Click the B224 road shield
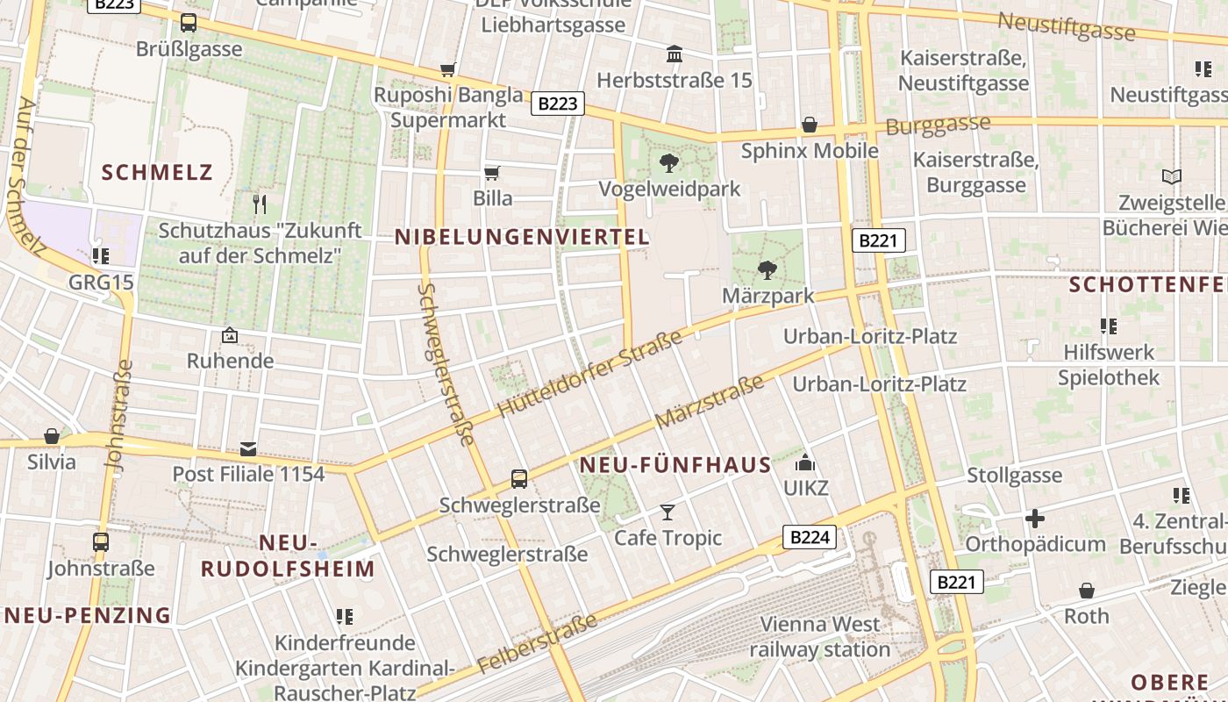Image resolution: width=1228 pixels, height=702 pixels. (809, 537)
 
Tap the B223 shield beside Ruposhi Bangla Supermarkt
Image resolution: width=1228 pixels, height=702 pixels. (558, 104)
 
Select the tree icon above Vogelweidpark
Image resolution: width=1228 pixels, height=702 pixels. (669, 162)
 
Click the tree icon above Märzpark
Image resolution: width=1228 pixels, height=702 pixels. (767, 269)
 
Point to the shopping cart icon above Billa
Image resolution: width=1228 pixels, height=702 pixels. (492, 173)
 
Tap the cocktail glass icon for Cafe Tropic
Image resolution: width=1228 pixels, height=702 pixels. (668, 512)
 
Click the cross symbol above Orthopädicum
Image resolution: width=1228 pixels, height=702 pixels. (1035, 518)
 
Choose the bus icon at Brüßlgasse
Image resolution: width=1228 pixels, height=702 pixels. (189, 23)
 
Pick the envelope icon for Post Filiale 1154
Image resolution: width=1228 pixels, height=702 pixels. (248, 449)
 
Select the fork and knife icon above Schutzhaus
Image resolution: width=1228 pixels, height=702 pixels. (259, 204)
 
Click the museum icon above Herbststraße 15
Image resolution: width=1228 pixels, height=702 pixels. (675, 54)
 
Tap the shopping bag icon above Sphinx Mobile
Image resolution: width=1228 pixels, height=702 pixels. (810, 125)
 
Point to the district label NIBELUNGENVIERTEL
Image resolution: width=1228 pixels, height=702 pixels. (522, 237)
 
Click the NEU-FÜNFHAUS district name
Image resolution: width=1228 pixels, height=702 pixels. (675, 465)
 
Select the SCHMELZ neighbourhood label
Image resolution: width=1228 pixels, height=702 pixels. (158, 172)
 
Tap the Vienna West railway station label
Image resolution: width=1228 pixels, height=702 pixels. (820, 637)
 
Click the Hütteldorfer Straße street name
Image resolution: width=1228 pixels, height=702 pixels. (589, 375)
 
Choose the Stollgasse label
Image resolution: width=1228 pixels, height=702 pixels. (1014, 476)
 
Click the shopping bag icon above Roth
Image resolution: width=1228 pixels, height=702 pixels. (1087, 591)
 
